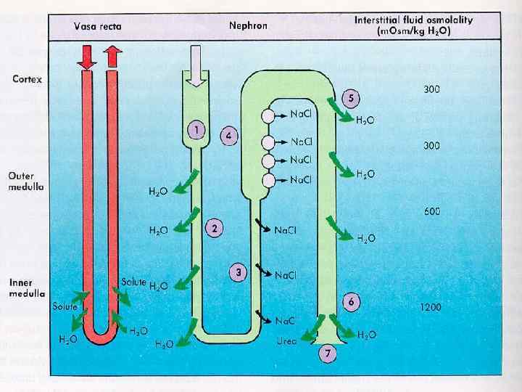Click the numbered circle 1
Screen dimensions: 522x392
click(195, 131)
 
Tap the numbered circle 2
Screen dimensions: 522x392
click(215, 228)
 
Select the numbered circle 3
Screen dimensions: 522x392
click(238, 272)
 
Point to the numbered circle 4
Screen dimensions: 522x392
click(228, 136)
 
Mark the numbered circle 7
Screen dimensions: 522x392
click(327, 354)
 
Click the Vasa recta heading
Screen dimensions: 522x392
click(98, 26)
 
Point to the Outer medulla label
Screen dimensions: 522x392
click(26, 181)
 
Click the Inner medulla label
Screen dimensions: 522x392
click(26, 289)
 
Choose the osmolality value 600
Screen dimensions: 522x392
click(432, 212)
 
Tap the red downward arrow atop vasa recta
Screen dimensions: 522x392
click(86, 56)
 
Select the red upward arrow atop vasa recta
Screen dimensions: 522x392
click(112, 55)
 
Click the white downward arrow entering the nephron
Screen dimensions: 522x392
click(196, 61)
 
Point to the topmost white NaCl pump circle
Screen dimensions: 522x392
click(270, 115)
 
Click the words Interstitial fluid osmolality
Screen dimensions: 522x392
click(413, 20)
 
